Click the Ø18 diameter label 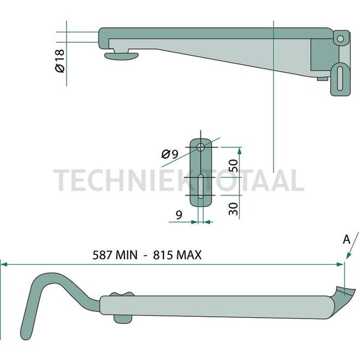coord(60,60)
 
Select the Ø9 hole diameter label coord(171,155)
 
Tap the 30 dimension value coord(233,208)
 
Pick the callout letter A coord(346,239)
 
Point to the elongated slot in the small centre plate coord(200,188)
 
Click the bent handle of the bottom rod coord(39,294)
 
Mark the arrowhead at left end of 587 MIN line coord(3,264)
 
